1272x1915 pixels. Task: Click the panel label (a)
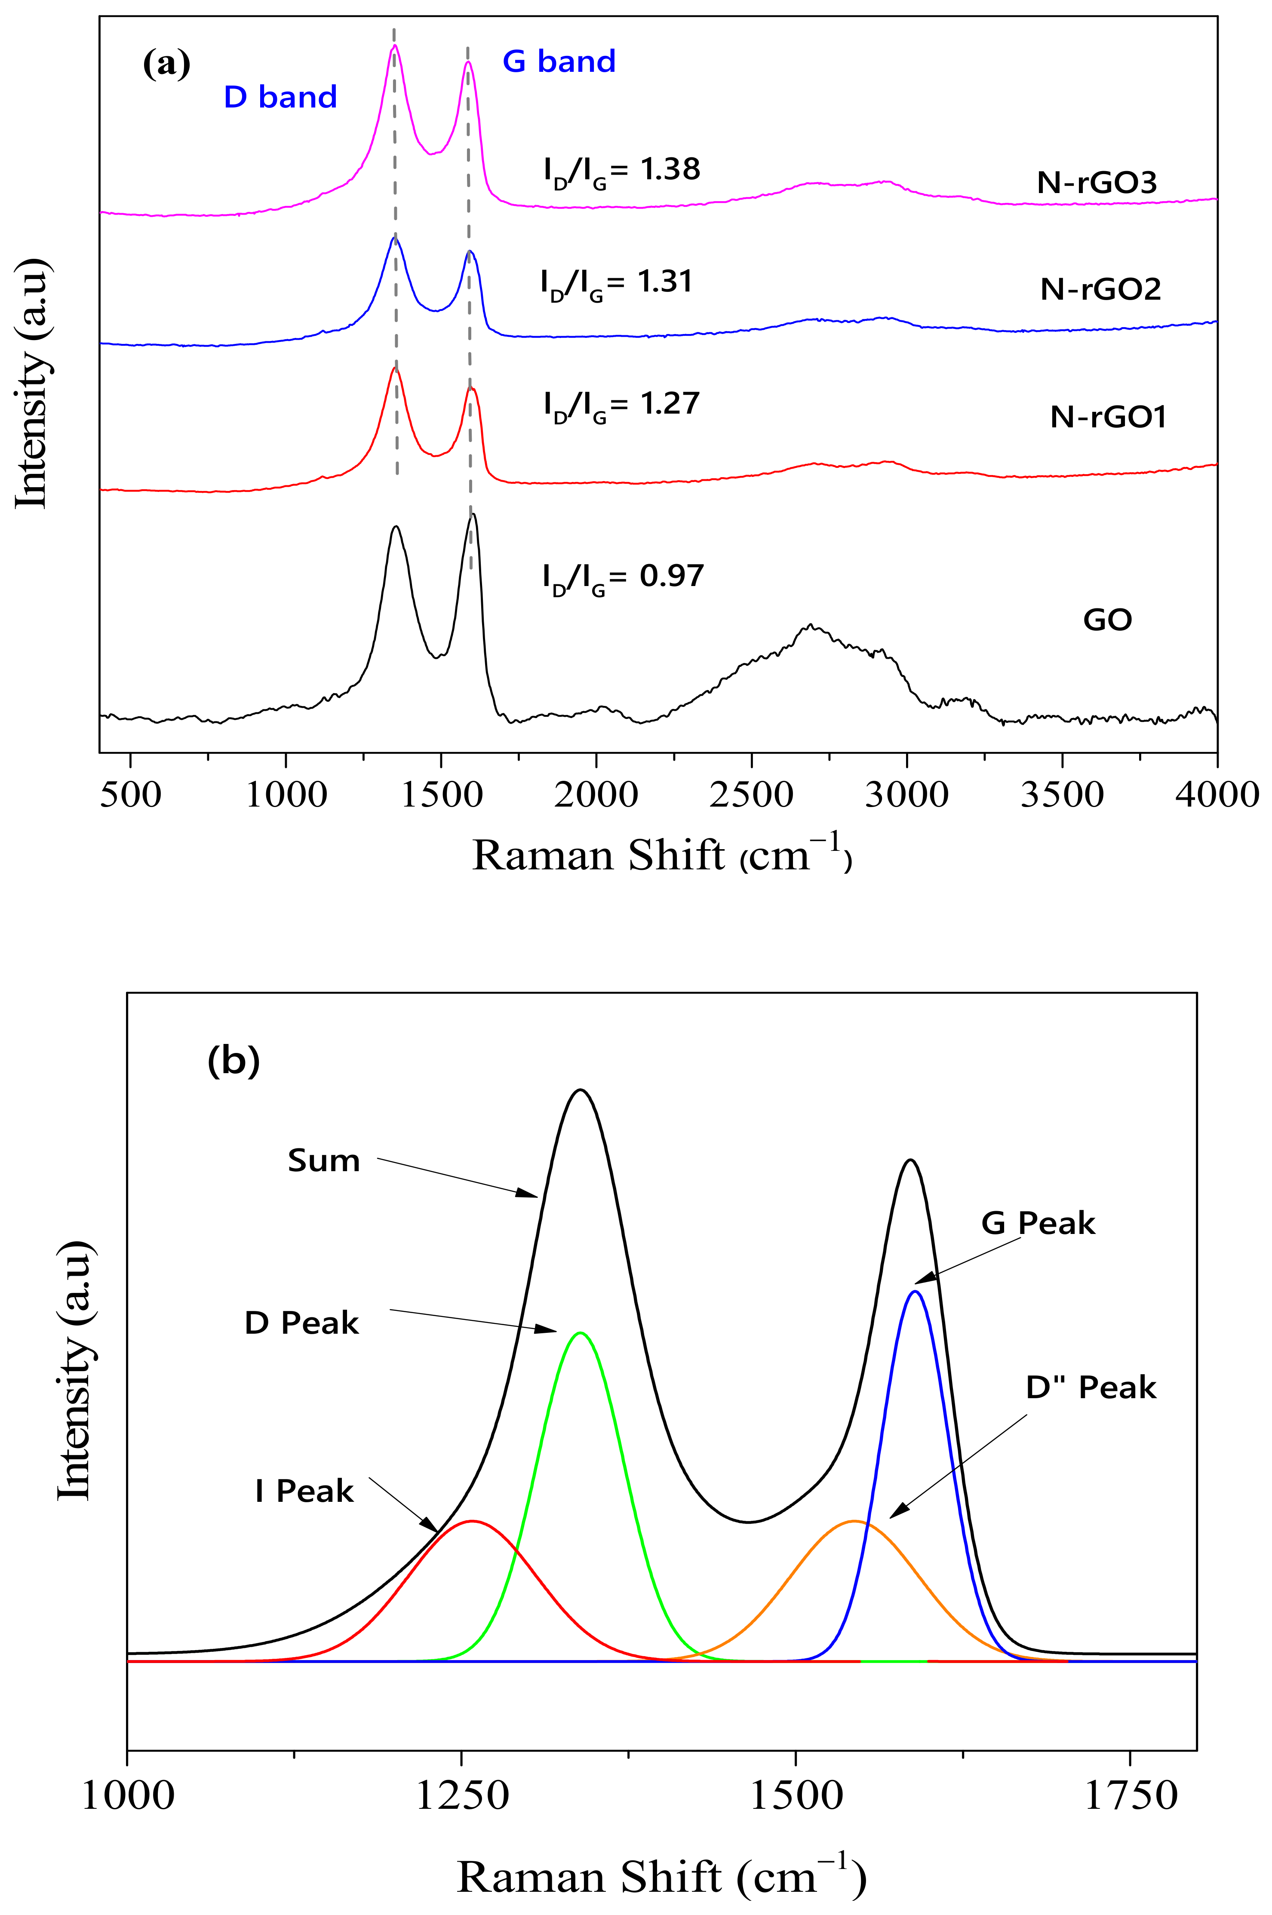166,63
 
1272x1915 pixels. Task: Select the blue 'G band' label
559,61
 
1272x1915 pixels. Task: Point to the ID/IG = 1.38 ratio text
621,169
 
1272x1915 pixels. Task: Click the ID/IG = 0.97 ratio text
623,577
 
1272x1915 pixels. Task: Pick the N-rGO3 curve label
1097,182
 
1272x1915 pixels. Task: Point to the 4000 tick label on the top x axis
1217,794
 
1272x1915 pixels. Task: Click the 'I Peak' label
304,1491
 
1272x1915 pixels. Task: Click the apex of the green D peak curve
579,1333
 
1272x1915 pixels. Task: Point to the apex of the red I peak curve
471,1521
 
